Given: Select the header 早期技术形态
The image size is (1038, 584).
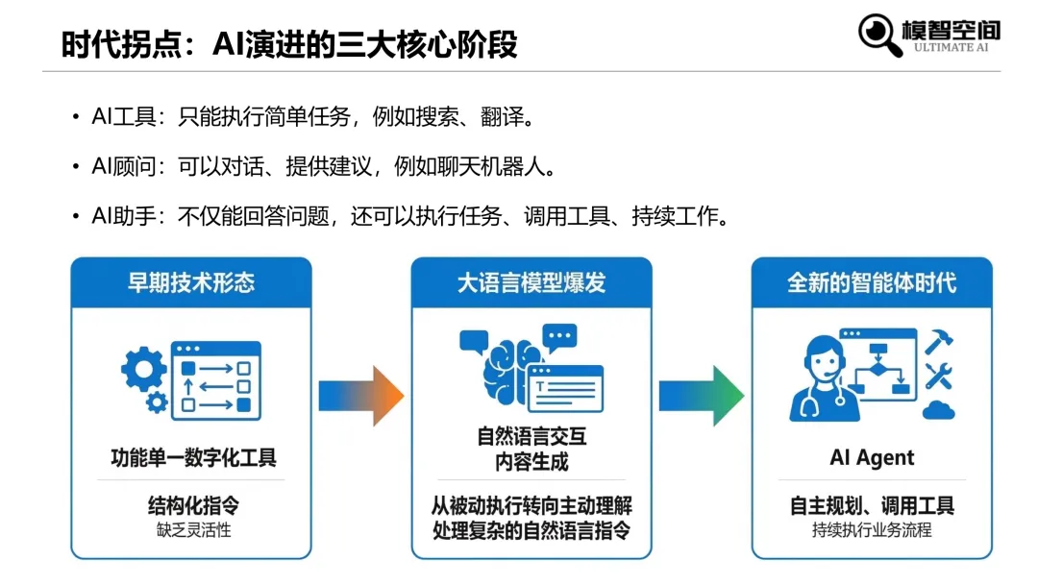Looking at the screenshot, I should point(191,282).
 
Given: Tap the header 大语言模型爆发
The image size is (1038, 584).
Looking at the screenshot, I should point(531,282).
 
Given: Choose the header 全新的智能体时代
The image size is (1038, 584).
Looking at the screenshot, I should point(872,282).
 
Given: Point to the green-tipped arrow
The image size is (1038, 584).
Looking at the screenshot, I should point(701,395).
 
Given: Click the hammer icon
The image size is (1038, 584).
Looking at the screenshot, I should point(938,341).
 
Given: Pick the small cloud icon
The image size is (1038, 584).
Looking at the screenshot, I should point(938,411).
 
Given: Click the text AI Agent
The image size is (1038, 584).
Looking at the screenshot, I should point(872,457).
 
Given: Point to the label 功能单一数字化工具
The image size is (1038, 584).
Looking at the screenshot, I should point(191,457).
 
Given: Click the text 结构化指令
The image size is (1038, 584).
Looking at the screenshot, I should point(191,506).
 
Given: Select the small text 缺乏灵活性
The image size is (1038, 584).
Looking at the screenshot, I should point(191,529).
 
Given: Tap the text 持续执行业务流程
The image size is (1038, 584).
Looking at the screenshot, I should point(872,529).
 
